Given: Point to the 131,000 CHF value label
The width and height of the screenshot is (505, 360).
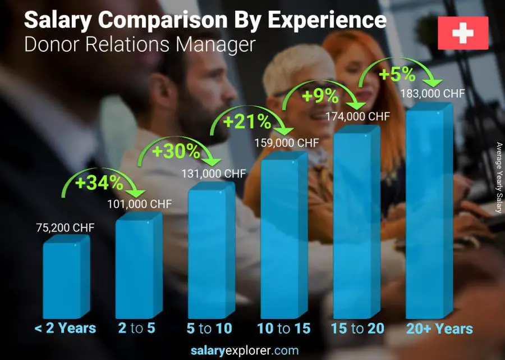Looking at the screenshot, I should pyautogui.click(x=213, y=174).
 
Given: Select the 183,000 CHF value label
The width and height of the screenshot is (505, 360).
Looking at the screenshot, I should pyautogui.click(x=432, y=94).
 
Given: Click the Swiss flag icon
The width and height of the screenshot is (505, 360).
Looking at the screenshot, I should pyautogui.click(x=463, y=33).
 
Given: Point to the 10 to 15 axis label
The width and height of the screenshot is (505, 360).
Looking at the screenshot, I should pyautogui.click(x=284, y=329).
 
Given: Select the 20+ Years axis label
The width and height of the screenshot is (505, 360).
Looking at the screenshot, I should pyautogui.click(x=440, y=329).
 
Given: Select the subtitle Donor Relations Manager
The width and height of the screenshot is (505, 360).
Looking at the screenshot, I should pyautogui.click(x=140, y=44).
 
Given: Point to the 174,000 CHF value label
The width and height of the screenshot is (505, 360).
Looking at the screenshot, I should pyautogui.click(x=357, y=117).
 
